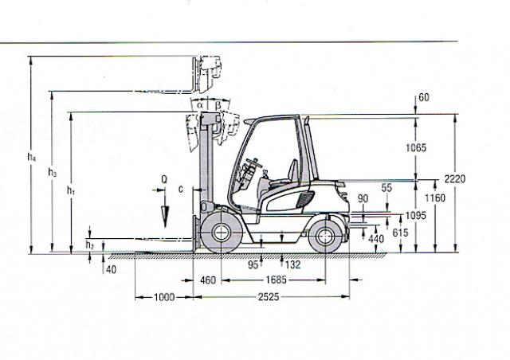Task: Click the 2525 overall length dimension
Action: click(x=269, y=297)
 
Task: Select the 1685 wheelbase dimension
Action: click(x=277, y=280)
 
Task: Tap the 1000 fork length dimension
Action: click(x=164, y=297)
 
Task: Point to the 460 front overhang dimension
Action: click(x=208, y=280)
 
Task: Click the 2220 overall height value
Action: click(x=455, y=179)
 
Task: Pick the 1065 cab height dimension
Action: click(x=416, y=148)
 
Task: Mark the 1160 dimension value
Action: click(x=435, y=198)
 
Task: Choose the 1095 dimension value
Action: click(x=416, y=216)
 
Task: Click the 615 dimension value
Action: click(x=400, y=233)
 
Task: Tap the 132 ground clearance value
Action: click(x=292, y=264)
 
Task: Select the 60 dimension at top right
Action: click(x=424, y=97)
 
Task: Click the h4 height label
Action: click(x=32, y=157)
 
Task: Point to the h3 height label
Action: click(x=52, y=172)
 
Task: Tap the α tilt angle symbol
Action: click(x=200, y=105)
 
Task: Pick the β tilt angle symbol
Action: click(x=218, y=105)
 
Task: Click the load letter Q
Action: click(x=164, y=179)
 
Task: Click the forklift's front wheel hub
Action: click(x=221, y=233)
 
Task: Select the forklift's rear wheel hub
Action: click(x=324, y=236)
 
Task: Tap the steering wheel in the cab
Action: click(x=254, y=162)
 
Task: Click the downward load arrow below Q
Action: click(x=165, y=208)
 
